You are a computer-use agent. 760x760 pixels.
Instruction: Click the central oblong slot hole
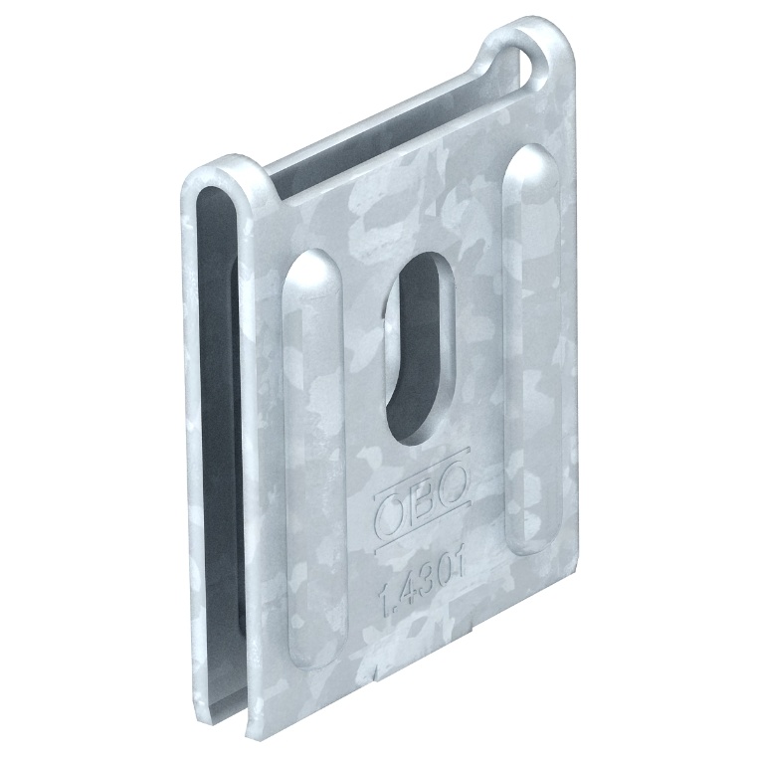pyautogui.click(x=420, y=347)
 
